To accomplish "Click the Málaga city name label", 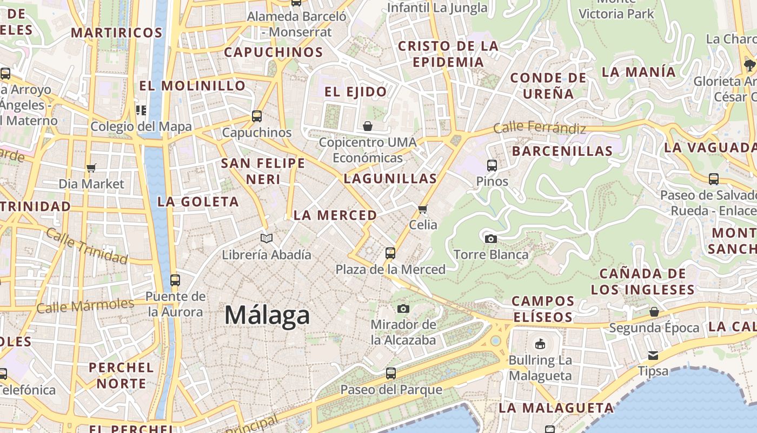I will point(267,315).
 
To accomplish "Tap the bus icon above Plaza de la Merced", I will point(390,253).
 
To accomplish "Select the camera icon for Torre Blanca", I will point(490,239).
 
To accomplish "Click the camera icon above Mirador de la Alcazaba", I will point(403,309).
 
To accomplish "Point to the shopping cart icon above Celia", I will point(423,208).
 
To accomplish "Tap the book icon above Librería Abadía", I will point(267,238).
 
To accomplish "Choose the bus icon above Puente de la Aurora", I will point(175,280).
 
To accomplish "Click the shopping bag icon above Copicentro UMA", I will point(368,126).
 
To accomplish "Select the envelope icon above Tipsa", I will point(653,356).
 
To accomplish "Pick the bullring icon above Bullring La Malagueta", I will point(540,344).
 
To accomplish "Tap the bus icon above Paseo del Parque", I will point(390,373).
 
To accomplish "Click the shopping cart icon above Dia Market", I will point(91,168).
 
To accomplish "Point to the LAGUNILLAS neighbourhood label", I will point(390,179).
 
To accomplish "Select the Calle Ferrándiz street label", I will point(539,128).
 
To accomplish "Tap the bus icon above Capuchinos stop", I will point(256,116).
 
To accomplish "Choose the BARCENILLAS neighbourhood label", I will point(562,151).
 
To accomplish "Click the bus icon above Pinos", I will point(492,166).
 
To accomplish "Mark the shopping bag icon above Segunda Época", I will point(654,312).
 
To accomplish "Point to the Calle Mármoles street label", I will point(85,306).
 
